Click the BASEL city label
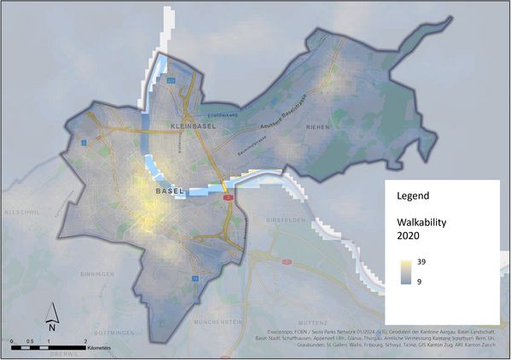170,192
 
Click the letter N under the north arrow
51,326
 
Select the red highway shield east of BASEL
229,197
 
